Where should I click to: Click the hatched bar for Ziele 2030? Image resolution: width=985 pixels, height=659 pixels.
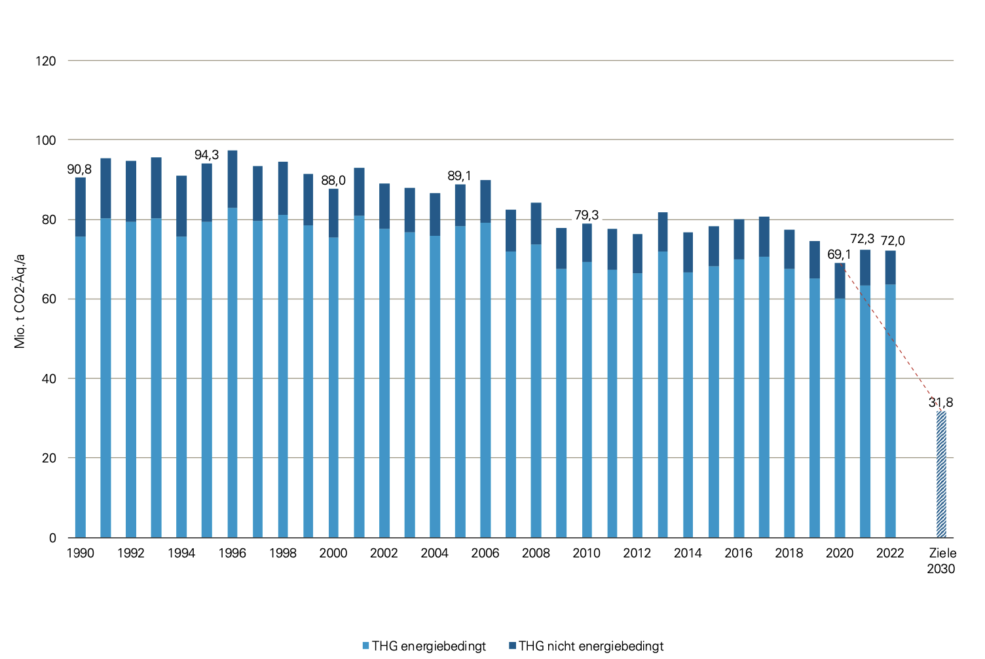(x=941, y=475)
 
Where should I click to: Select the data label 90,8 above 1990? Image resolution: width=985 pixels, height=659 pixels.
(x=80, y=170)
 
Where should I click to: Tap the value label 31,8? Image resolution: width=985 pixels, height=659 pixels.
(x=940, y=402)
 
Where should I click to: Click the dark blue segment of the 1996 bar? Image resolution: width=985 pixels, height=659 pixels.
(x=232, y=179)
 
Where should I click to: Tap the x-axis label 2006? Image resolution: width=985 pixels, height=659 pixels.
(x=485, y=554)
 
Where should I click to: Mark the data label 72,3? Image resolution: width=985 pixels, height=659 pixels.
(x=862, y=239)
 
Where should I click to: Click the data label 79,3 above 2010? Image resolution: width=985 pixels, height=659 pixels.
(x=586, y=216)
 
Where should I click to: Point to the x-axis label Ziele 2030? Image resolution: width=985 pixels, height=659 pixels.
(x=941, y=561)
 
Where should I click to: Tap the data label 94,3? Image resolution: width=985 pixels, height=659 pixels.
(x=206, y=155)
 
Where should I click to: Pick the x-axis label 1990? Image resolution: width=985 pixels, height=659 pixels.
(x=80, y=554)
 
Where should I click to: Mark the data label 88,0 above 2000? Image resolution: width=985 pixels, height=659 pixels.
(x=333, y=181)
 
